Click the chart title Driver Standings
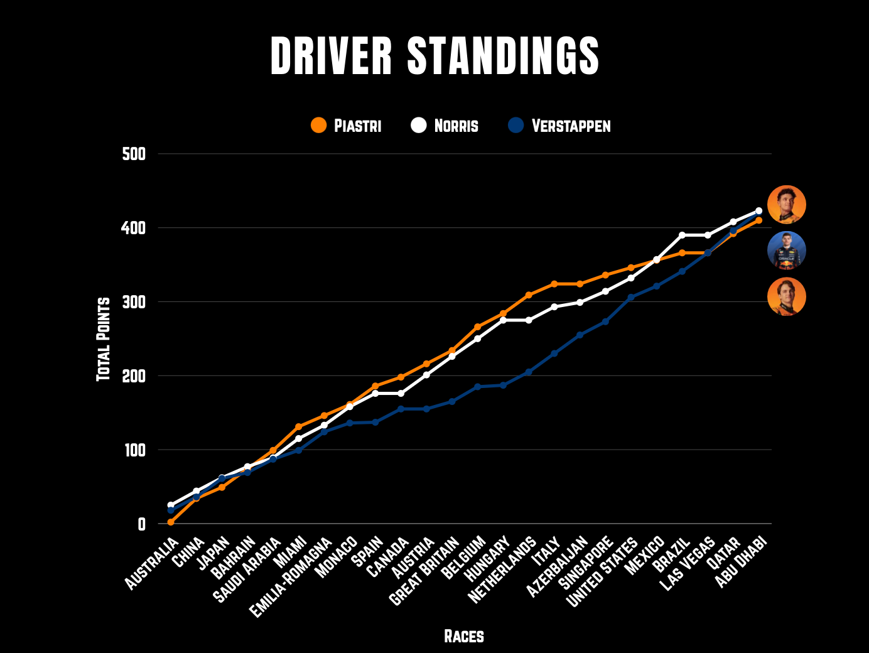click(434, 55)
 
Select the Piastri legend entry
click(346, 126)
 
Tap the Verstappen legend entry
click(559, 126)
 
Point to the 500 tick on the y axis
click(134, 154)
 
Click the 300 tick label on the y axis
click(134, 302)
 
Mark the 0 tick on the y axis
click(141, 524)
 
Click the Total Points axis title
click(104, 339)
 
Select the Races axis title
click(464, 636)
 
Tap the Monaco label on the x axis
click(337, 558)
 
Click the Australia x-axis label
click(152, 564)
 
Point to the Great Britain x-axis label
click(425, 571)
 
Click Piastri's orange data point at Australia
click(171, 522)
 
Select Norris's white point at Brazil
click(682, 235)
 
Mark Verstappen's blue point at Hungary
click(503, 385)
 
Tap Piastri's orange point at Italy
click(554, 284)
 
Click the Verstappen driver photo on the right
click(786, 251)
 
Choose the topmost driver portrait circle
click(786, 205)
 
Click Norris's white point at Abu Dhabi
click(758, 211)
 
